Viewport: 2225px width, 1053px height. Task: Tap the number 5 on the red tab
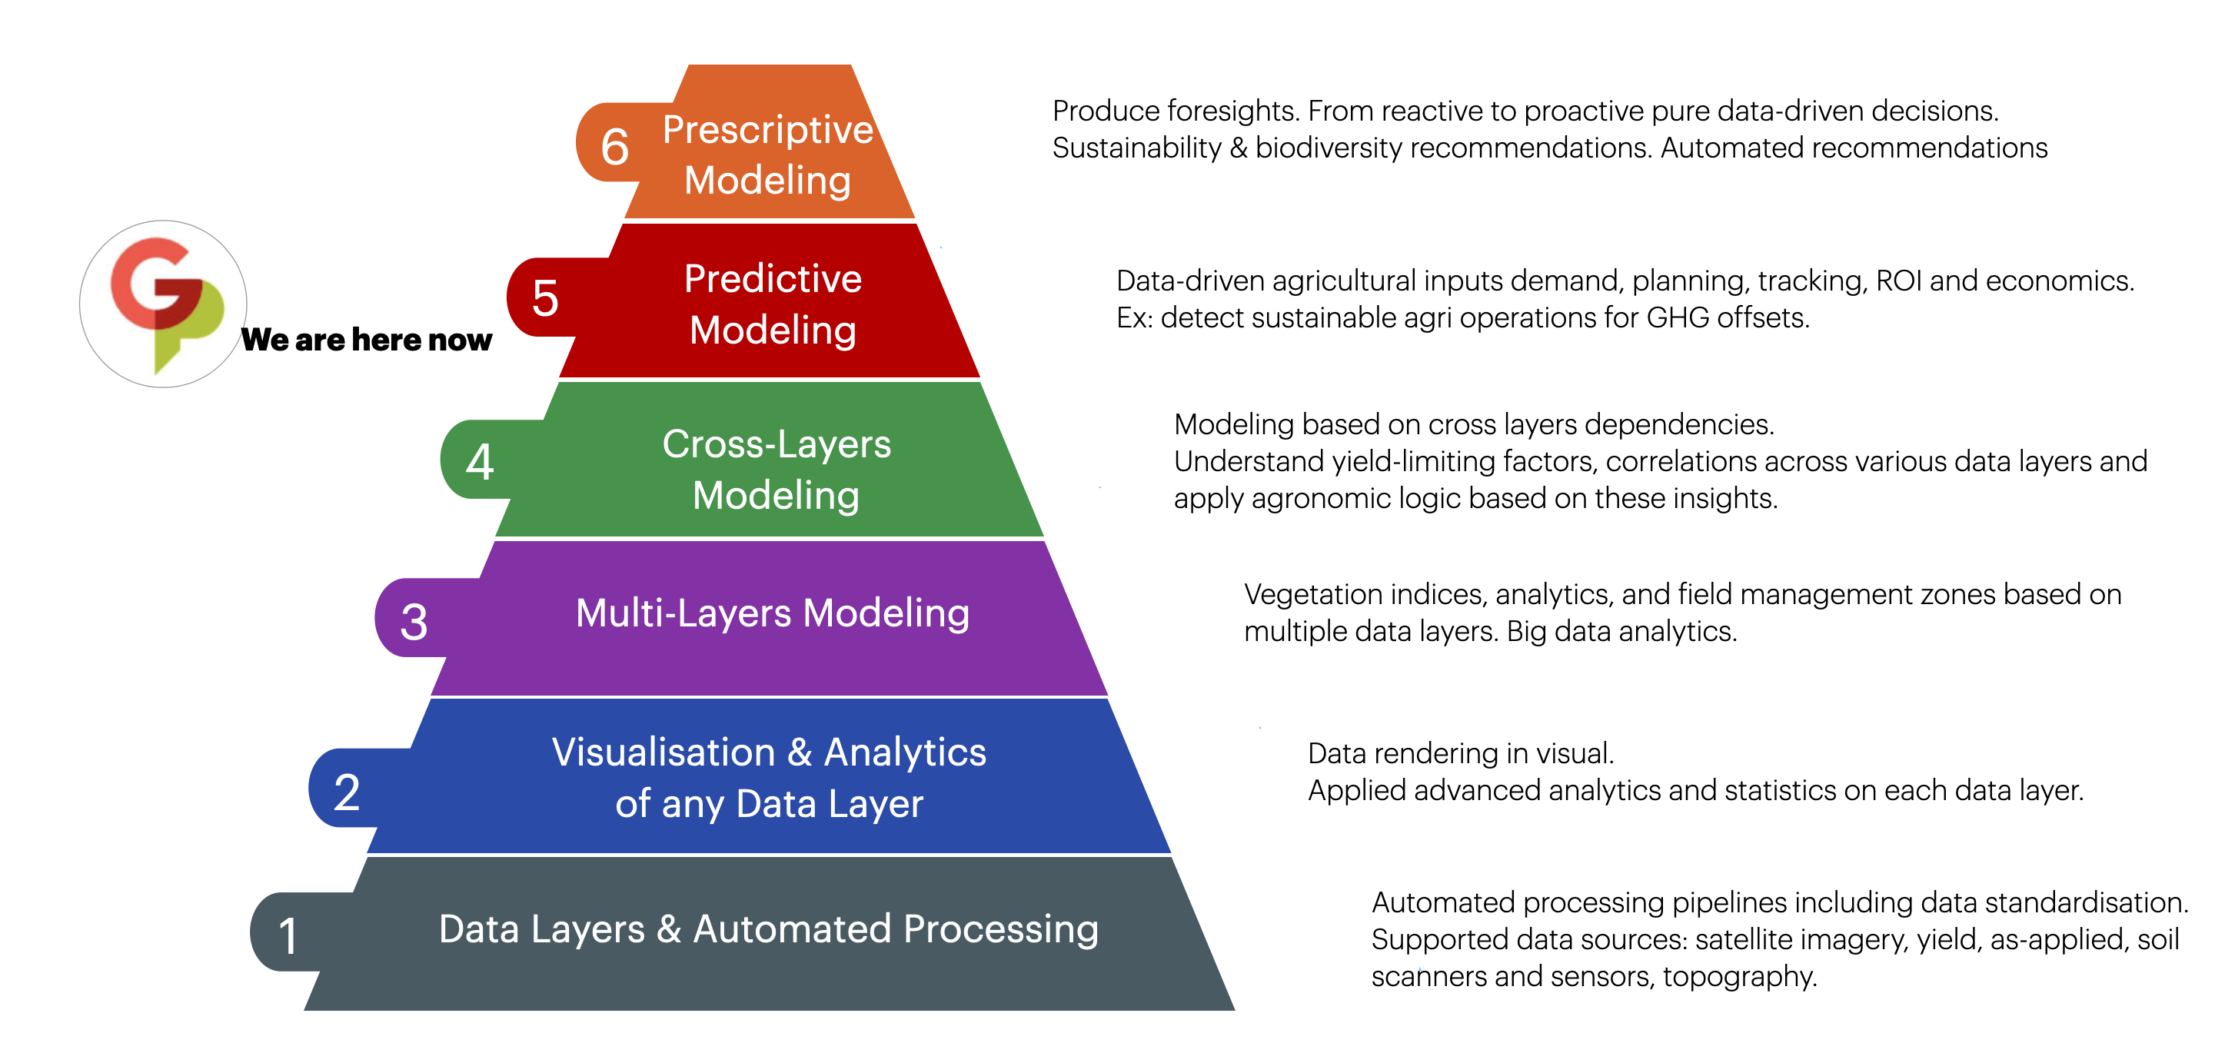tap(545, 298)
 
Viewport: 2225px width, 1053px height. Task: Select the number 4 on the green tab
tap(480, 461)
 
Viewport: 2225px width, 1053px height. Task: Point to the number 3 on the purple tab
tap(414, 621)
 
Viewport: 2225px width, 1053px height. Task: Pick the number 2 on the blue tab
tap(347, 792)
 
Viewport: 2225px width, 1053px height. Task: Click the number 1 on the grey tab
tap(288, 936)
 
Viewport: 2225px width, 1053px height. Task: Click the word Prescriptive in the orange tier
tap(767, 130)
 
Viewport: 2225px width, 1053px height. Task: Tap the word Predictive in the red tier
tap(772, 278)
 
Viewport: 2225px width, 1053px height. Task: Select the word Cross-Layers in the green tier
tap(776, 444)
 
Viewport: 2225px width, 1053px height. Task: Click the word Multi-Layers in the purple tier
tap(683, 613)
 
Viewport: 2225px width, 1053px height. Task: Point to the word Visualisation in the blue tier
tap(664, 752)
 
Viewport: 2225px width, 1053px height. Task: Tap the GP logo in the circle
tap(164, 303)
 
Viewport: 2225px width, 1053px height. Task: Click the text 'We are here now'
tap(366, 340)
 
